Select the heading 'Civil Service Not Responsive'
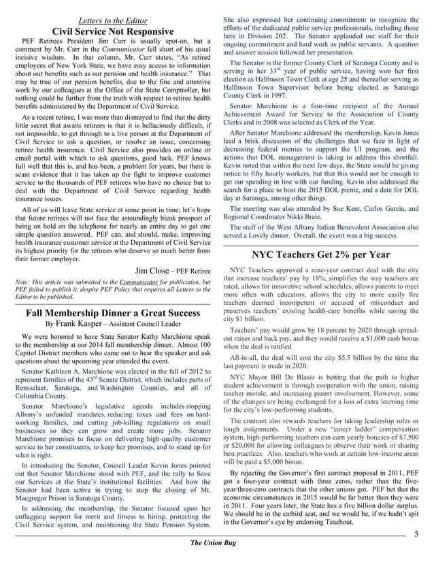click(x=110, y=31)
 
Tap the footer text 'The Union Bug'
click(x=217, y=551)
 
